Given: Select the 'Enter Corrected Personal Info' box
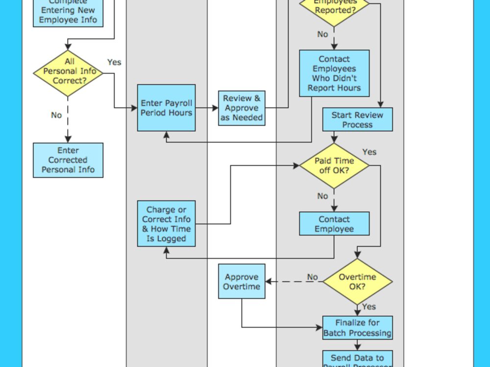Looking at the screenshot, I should [x=68, y=160].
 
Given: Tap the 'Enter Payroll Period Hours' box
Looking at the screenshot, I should [x=166, y=108].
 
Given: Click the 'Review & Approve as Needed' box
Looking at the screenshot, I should [x=242, y=108].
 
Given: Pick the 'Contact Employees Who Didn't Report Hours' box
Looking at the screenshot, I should [x=334, y=73].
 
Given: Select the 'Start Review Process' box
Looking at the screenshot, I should [x=357, y=120].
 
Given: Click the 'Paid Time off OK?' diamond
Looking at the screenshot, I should [x=334, y=166].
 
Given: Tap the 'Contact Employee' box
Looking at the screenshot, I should [x=334, y=224].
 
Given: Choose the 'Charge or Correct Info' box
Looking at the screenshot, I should [x=166, y=224].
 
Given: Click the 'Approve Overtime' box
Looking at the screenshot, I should [x=242, y=281].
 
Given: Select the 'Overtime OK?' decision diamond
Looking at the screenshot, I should [x=357, y=281].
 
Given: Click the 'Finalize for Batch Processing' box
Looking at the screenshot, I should [x=357, y=328].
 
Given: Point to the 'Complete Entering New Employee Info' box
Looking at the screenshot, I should [x=68, y=12].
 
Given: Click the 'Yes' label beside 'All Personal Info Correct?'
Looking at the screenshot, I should [x=114, y=62].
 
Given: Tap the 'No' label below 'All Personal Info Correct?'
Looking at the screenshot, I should [x=56, y=115].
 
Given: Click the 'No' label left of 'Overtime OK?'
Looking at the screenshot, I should [x=312, y=277].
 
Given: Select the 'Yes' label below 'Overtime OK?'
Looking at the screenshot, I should [x=369, y=306].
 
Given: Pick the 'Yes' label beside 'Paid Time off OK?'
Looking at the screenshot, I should [x=369, y=152].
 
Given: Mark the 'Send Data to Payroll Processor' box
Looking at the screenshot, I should [x=357, y=360].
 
